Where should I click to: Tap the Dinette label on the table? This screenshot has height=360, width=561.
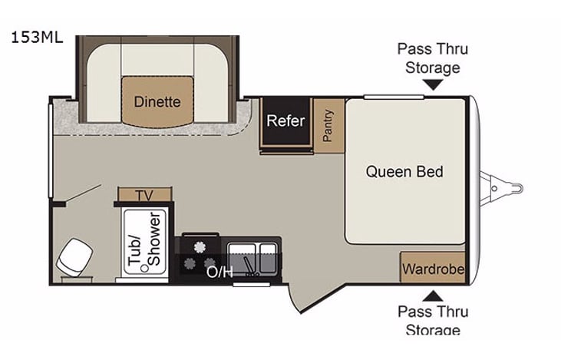click(157, 101)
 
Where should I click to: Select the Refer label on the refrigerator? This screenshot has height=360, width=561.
click(285, 121)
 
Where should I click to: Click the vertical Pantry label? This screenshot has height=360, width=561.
click(328, 124)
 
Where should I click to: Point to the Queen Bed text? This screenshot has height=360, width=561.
click(404, 171)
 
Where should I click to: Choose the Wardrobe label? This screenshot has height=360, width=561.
click(433, 269)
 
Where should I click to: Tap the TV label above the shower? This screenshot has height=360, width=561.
click(144, 195)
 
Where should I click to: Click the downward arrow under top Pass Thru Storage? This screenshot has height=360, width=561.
click(432, 85)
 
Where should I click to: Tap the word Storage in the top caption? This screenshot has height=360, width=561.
click(432, 67)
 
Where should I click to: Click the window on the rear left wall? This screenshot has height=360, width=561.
click(51, 154)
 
